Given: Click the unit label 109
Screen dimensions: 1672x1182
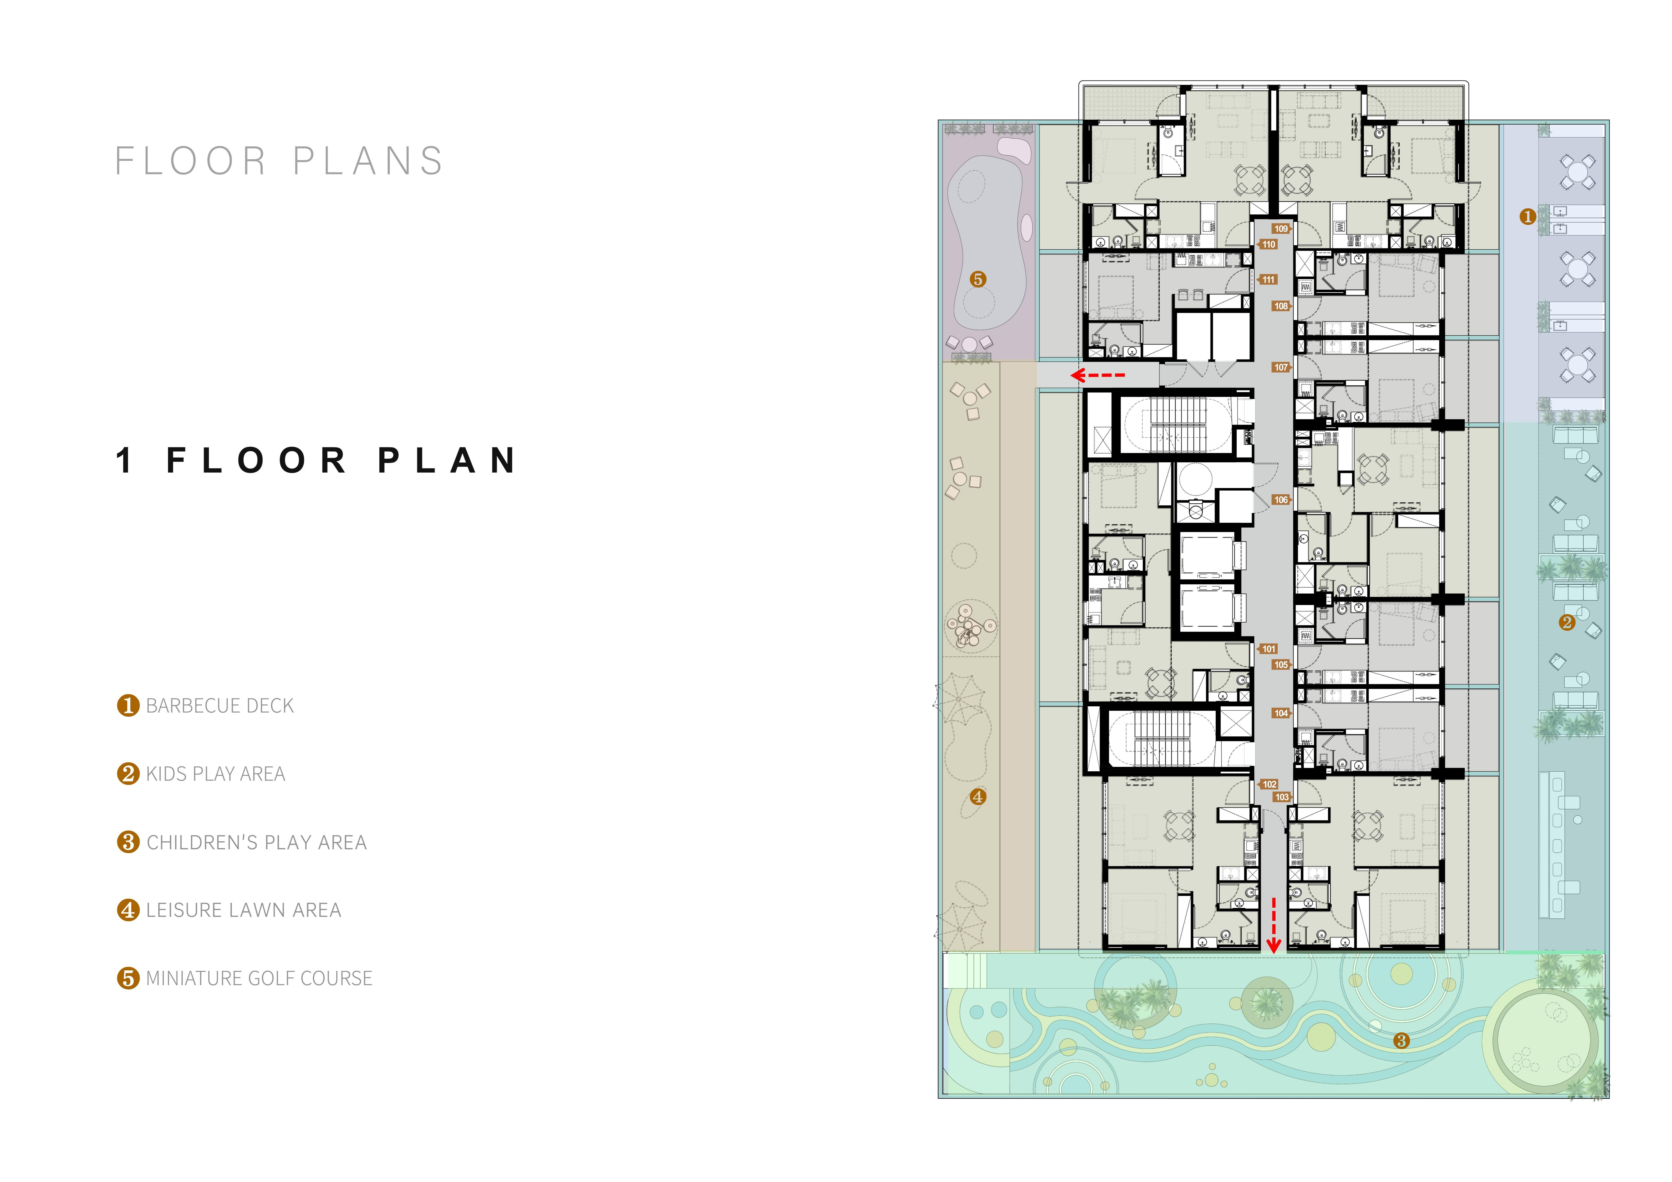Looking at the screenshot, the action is (1281, 229).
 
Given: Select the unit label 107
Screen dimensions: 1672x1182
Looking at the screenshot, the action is (1281, 368).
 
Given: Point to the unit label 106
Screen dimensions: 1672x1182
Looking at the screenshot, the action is (1281, 500).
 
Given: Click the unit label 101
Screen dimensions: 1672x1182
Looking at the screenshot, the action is (1269, 649).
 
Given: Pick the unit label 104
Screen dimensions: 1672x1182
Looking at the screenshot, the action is (1281, 714).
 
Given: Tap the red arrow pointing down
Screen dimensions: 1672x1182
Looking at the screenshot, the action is (1274, 925).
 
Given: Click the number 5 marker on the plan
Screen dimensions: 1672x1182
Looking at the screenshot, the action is (978, 279).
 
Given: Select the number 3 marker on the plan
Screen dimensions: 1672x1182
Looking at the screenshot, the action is (1401, 1041).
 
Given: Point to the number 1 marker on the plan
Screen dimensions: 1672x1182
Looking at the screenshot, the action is (1528, 216).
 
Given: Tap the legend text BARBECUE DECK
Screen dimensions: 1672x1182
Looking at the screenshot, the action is (220, 706).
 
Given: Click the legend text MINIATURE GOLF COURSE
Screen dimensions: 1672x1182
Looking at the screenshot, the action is (259, 978).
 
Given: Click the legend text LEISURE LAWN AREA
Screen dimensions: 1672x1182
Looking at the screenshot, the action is (243, 910).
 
